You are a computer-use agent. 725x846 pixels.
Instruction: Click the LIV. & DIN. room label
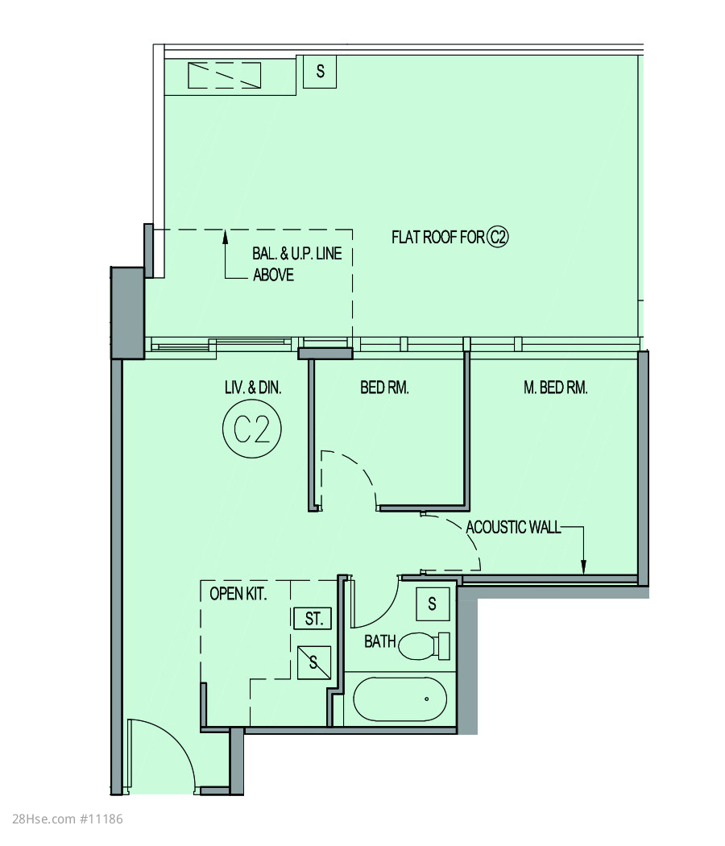pos(253,388)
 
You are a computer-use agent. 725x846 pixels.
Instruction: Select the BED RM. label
pos(384,388)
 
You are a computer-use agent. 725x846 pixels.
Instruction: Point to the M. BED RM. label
pos(556,388)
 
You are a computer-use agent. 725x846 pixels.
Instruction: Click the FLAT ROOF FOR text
pos(438,238)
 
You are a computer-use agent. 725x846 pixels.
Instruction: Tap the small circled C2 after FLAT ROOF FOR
pos(498,237)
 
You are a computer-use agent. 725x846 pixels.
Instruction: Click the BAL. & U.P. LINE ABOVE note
pos(296,264)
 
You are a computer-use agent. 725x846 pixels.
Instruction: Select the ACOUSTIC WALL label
pos(513,527)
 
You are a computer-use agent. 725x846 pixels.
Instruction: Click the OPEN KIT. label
pos(238,594)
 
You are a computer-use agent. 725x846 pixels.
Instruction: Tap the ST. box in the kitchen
pos(313,618)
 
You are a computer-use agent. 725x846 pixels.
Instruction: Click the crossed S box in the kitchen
pos(314,662)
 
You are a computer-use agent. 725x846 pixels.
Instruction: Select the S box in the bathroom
pos(433,603)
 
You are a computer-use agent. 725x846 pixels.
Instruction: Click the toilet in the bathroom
pos(425,645)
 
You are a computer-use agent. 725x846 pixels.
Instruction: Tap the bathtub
pos(400,699)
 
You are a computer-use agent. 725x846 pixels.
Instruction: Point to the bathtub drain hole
pos(427,699)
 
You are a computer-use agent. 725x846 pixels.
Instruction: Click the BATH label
pos(379,641)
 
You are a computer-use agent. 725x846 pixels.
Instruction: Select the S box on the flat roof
pos(320,71)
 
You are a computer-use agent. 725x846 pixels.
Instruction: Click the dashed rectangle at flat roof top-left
pos(225,75)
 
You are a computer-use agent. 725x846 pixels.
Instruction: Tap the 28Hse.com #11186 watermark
pos(68,819)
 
